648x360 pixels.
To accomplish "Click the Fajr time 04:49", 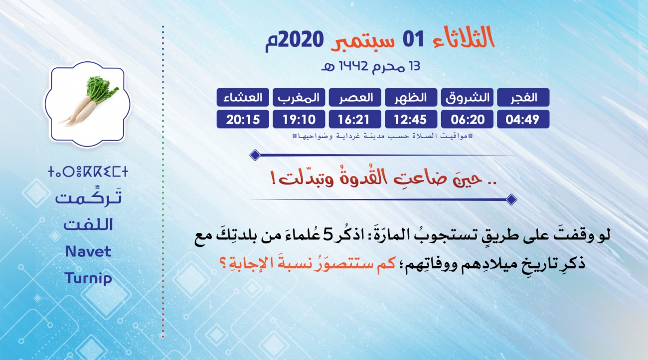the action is [523, 119].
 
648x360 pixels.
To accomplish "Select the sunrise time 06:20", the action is [467, 119].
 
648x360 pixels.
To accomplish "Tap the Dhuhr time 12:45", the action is [411, 119].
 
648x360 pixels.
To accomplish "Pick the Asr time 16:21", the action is [355, 119].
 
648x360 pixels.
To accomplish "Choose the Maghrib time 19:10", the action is [299, 119].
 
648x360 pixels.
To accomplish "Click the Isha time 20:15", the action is [243, 119].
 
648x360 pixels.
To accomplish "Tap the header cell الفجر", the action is [523, 97].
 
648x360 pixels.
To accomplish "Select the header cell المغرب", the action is [299, 97].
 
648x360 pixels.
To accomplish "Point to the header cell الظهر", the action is [411, 97].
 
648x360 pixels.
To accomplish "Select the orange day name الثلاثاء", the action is [464, 37].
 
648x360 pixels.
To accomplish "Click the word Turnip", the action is [88, 278].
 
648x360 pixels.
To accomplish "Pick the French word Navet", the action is [88, 251].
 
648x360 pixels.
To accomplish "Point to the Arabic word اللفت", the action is [88, 224].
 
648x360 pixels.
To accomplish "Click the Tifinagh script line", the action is [88, 172].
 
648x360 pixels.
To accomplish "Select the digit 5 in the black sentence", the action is [328, 235].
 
